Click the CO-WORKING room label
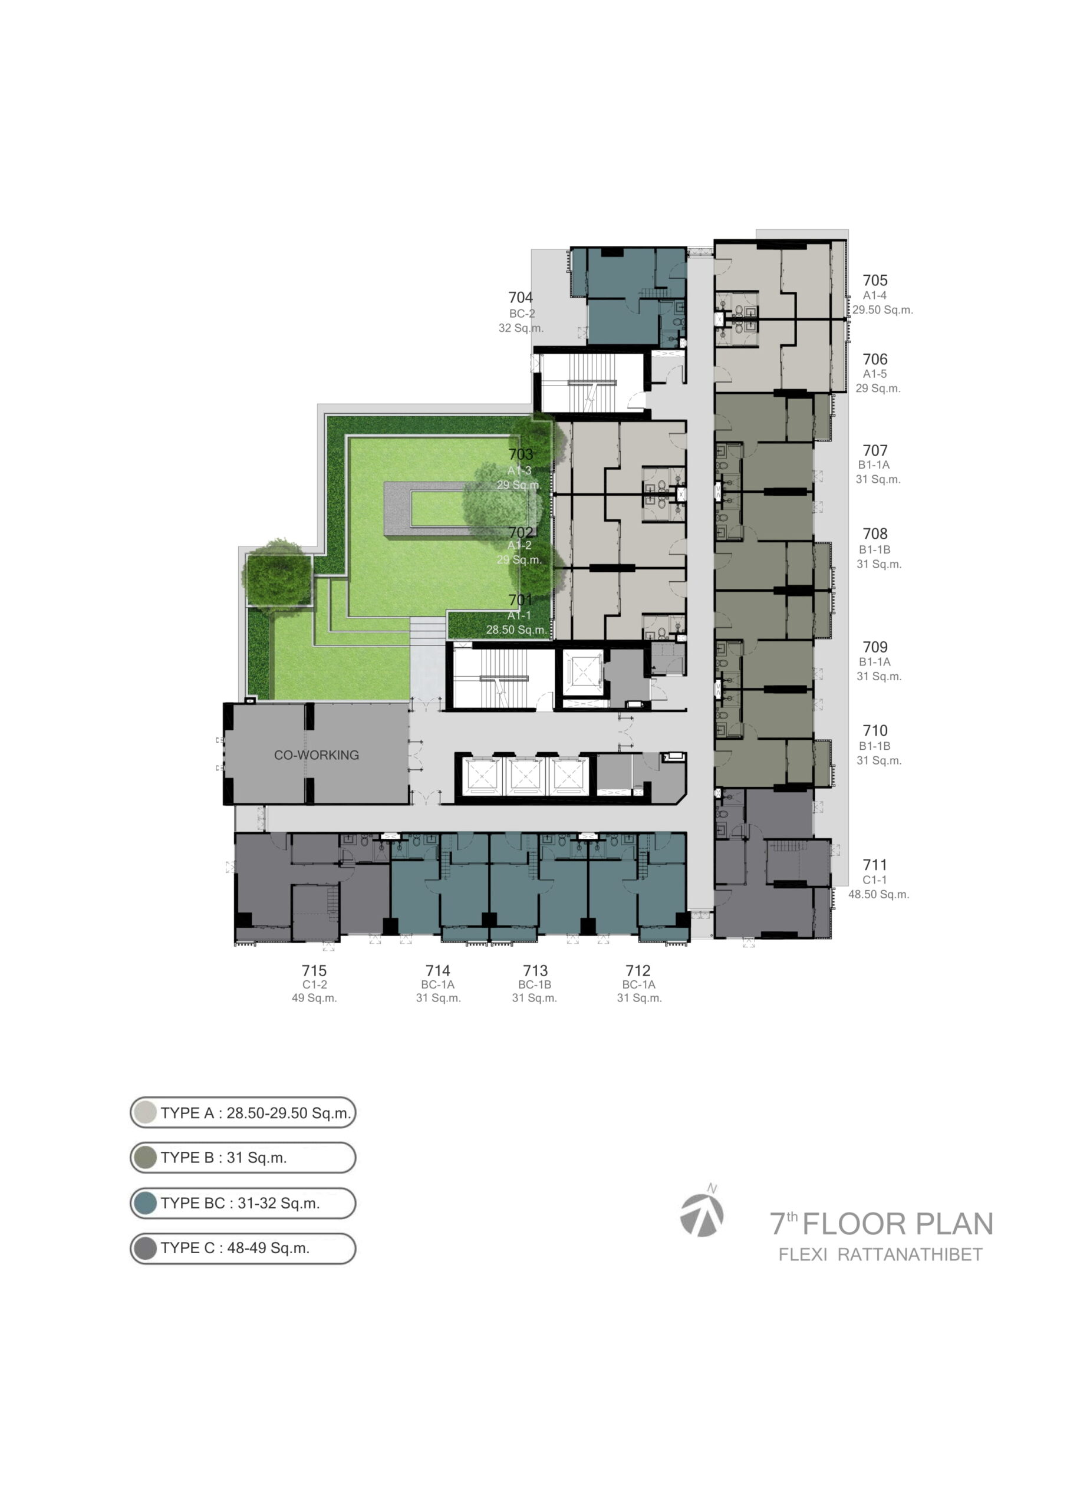coord(316,755)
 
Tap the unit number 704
coord(520,298)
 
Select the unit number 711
coord(875,865)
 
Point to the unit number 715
coord(314,970)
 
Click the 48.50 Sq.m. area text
coord(879,894)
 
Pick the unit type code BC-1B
coord(535,984)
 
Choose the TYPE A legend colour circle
coord(144,1113)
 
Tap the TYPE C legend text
coord(235,1248)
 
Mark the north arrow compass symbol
coord(702,1213)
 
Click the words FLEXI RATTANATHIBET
coord(880,1254)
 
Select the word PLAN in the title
coord(954,1224)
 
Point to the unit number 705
coord(875,281)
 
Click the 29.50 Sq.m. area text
coord(883,309)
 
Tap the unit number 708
coord(875,533)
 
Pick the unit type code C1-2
coord(315,984)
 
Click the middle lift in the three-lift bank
coord(524,776)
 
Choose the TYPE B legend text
coord(224,1158)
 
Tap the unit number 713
coord(535,970)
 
